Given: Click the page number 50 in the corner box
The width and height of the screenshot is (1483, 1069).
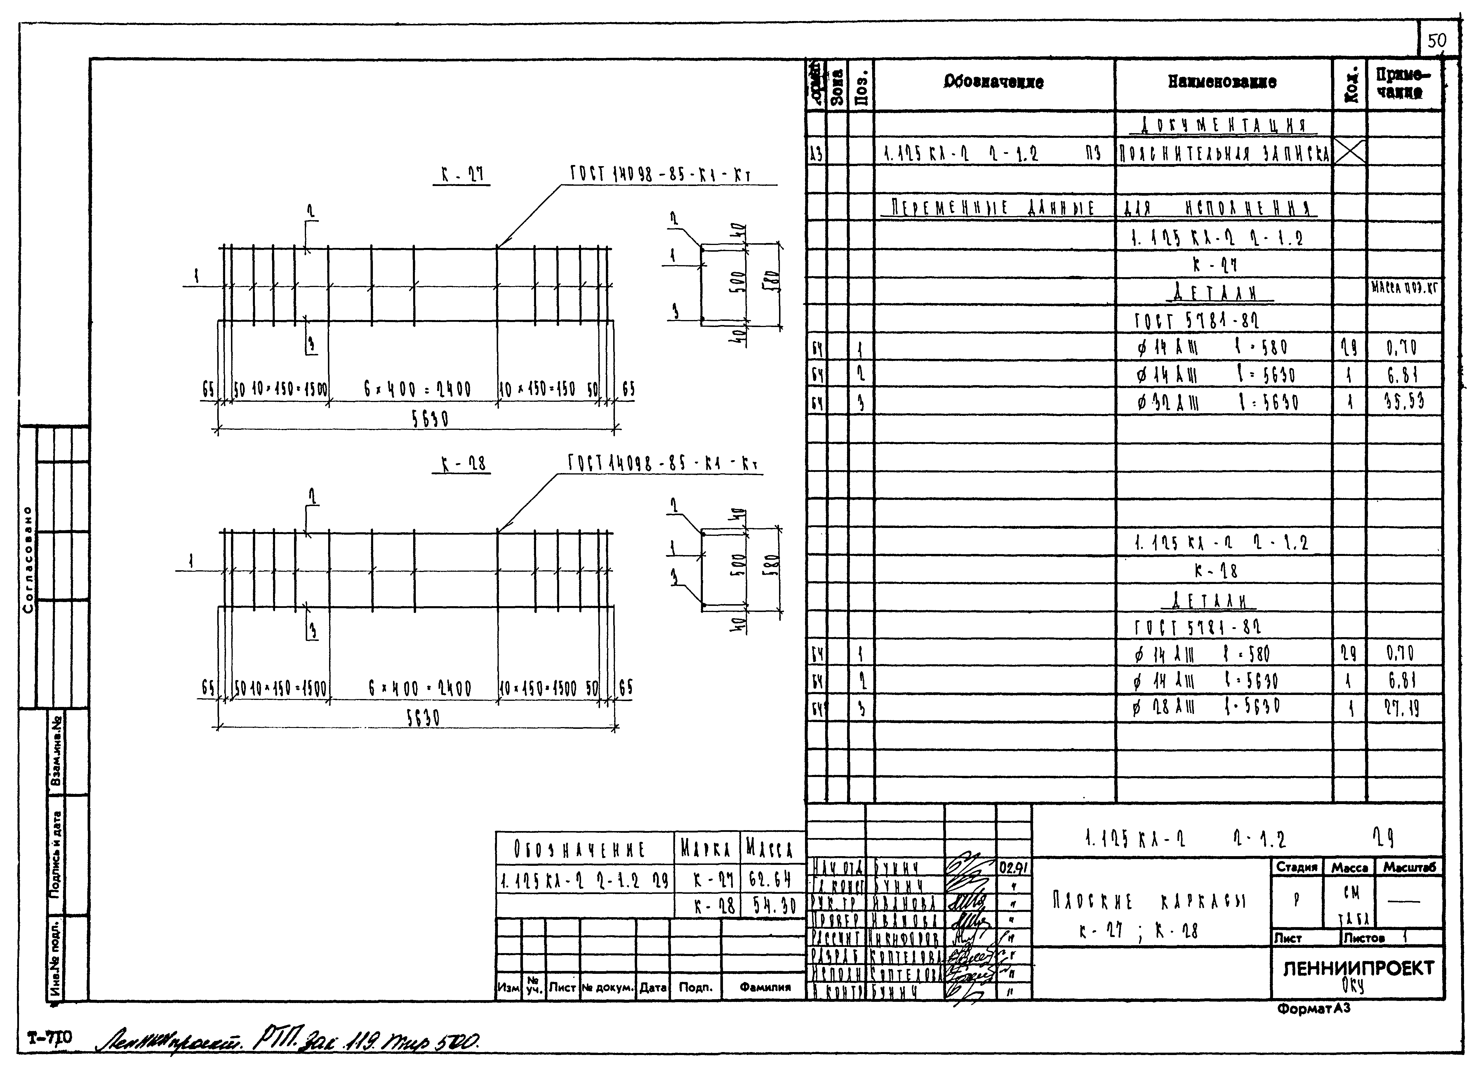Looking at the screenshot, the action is click(1437, 41).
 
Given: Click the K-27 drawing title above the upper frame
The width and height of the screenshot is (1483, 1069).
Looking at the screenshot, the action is click(462, 175).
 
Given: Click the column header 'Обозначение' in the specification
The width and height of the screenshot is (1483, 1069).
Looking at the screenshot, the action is click(993, 82).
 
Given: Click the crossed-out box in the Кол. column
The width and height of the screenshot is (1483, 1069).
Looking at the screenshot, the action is click(1349, 153).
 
